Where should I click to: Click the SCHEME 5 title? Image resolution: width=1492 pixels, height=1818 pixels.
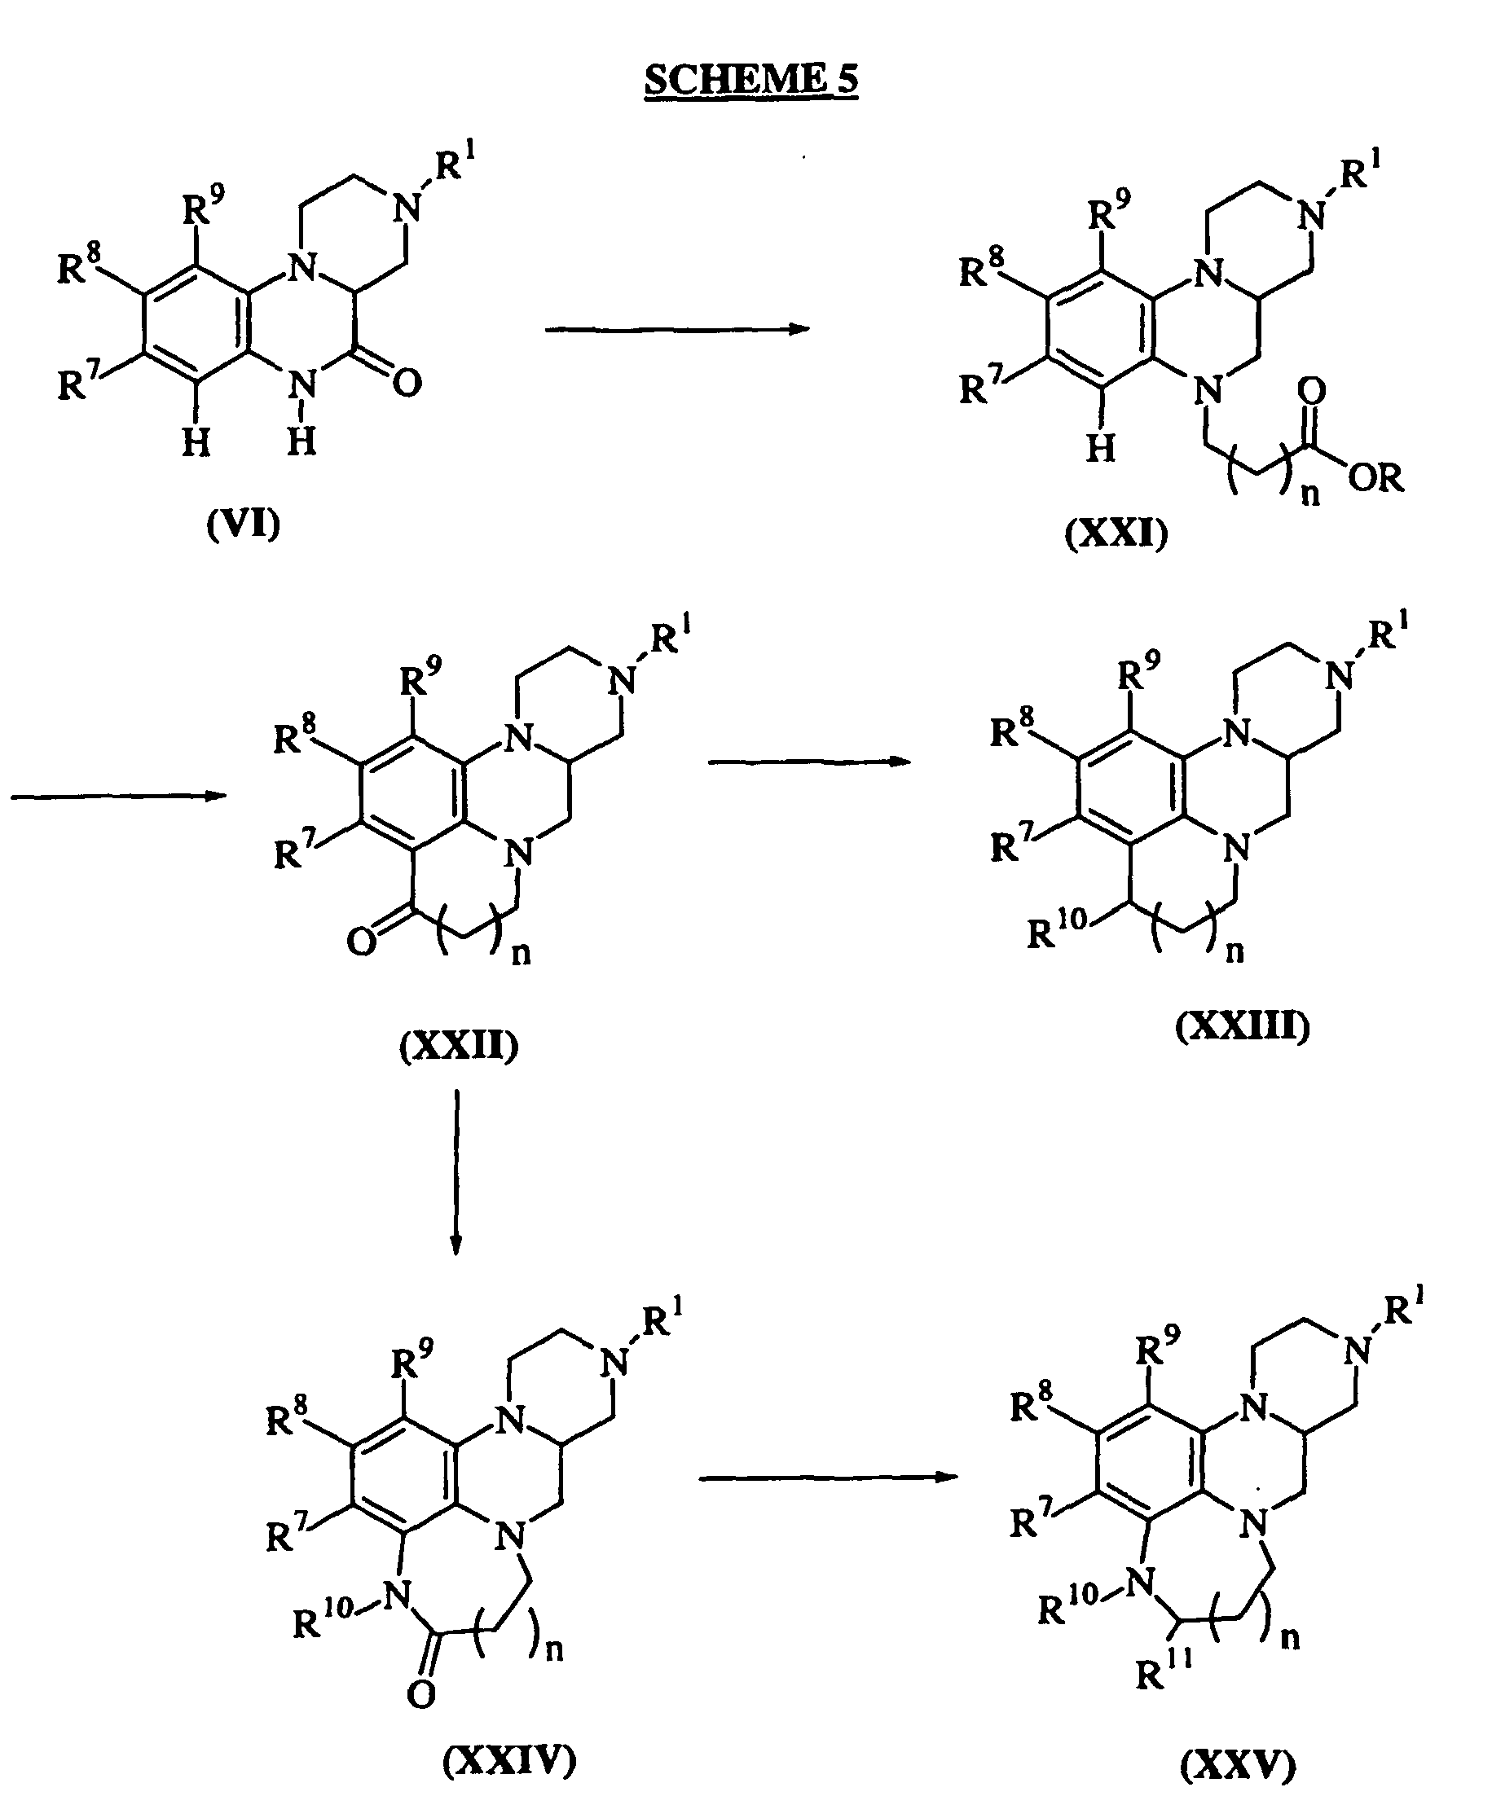coord(751,80)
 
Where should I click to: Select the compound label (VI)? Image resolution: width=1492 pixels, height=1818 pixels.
coord(243,523)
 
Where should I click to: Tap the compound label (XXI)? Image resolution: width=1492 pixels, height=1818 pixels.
coord(1116,534)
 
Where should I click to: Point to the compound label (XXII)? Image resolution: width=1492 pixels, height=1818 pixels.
coord(459,1046)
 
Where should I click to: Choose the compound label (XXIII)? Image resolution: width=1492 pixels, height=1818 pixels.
coord(1243,1025)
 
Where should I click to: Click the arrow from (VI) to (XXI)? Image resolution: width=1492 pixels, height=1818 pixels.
coord(677,328)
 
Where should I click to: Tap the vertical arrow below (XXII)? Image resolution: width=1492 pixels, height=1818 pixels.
coord(456,1173)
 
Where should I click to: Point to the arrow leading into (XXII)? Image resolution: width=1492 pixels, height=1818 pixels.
coord(119,797)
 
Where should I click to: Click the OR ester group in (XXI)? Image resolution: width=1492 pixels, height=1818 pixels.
coord(1376,476)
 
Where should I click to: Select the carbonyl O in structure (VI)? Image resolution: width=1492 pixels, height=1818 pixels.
coord(407,382)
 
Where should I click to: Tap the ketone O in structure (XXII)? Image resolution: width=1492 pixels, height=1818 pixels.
coord(362,942)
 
